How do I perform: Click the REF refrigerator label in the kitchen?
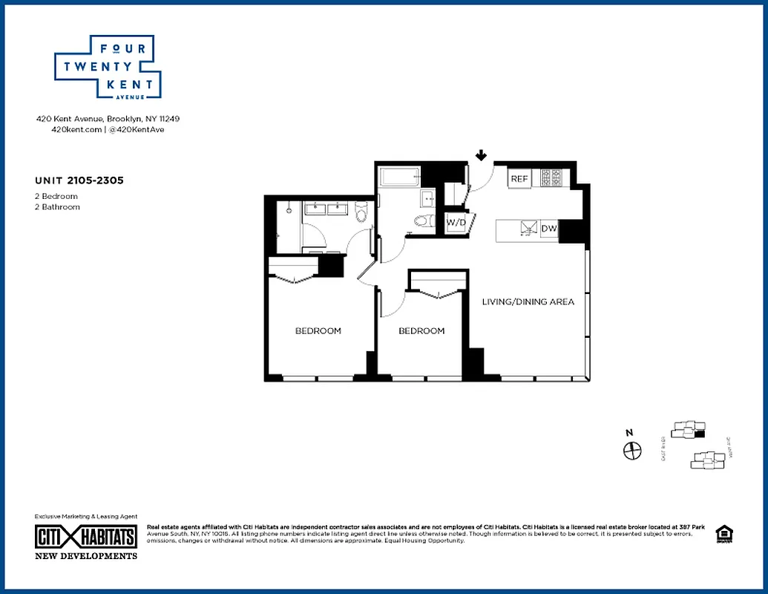(519, 179)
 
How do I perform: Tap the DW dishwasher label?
(549, 229)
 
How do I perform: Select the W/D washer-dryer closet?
(456, 222)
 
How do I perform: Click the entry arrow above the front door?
(481, 155)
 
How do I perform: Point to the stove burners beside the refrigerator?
(551, 178)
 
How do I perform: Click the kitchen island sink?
(528, 229)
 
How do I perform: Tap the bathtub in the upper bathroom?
(399, 177)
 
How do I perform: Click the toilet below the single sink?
(421, 220)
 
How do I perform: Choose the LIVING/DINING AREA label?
(528, 301)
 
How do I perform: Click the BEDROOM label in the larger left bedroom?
(318, 330)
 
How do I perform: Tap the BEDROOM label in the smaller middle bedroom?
(421, 330)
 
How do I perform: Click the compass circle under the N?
(631, 450)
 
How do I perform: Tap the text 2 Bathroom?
(57, 207)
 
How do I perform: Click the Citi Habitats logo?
(86, 538)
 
